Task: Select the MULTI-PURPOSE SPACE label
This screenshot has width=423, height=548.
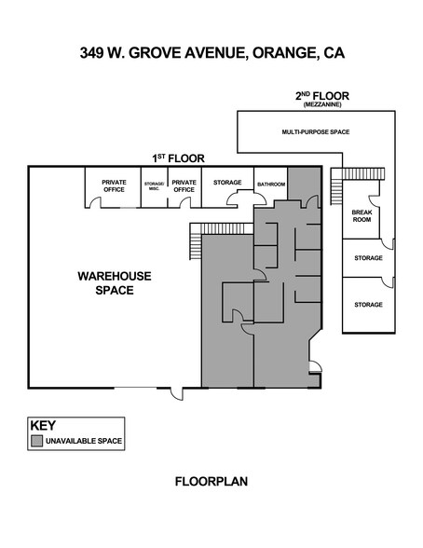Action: point(315,132)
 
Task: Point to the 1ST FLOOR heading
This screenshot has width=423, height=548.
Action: point(178,158)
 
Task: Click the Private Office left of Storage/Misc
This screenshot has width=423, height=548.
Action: point(114,185)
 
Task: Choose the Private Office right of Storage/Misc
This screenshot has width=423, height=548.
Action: point(184,185)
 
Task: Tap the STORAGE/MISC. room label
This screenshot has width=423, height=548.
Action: point(153,186)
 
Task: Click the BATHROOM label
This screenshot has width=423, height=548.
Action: point(270,184)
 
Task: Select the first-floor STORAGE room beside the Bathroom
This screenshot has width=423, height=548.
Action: point(227,183)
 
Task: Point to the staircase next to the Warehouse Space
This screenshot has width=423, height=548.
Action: point(195,242)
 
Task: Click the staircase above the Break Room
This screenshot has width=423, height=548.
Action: point(354,175)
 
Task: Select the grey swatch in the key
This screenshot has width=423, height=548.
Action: point(37,440)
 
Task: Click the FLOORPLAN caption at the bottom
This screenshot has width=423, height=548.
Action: point(211,482)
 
